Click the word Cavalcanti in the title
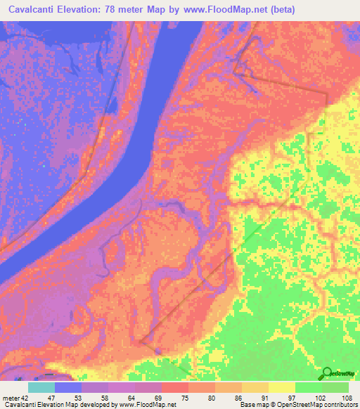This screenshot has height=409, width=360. tap(34, 10)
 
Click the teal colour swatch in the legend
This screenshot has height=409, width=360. tap(41, 387)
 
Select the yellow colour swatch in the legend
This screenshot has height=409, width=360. tap(282, 387)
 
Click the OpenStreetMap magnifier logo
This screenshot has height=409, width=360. tap(326, 373)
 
